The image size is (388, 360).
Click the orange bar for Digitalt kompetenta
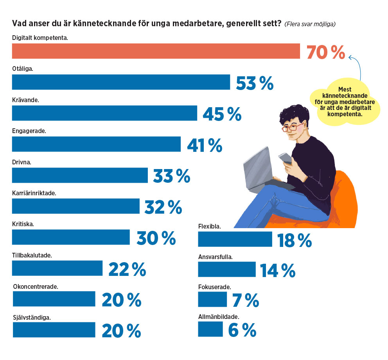[x=156, y=51]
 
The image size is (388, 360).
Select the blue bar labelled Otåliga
[x=121, y=82]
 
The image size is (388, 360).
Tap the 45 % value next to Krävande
[x=222, y=113]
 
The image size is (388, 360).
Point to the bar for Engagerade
[x=96, y=144]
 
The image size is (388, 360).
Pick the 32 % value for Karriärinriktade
[x=163, y=207]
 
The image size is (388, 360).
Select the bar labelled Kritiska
[x=71, y=237]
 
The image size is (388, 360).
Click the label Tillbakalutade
[x=32, y=255]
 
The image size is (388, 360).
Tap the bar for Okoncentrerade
[x=54, y=299]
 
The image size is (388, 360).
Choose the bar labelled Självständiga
[x=54, y=329]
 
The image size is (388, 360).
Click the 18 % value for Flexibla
[x=294, y=240]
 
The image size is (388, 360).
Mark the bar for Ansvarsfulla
[x=226, y=269]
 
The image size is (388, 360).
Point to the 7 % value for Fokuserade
[x=245, y=300]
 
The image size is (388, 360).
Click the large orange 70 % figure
[x=325, y=52]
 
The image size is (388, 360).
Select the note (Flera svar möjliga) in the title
[x=310, y=24]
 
